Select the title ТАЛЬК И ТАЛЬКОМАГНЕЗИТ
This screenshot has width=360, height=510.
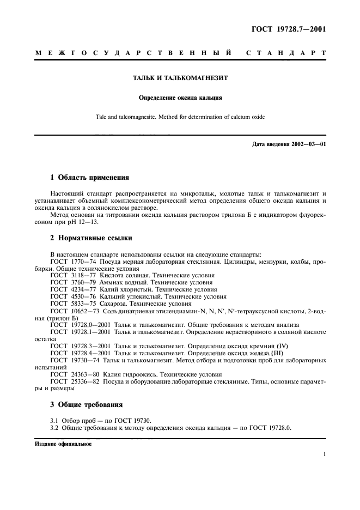pos(180,78)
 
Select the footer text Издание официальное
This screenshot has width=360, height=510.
pos(63,444)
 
